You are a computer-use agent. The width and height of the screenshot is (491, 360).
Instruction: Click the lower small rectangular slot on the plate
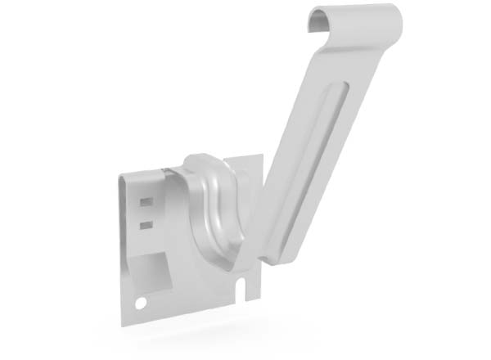[146, 223]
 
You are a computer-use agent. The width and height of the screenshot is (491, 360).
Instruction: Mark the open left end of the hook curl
[315, 25]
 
